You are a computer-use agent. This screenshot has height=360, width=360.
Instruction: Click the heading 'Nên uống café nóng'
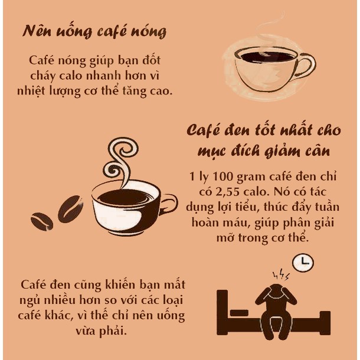pos(94,32)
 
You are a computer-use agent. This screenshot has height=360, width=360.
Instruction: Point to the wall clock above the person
pos(303,263)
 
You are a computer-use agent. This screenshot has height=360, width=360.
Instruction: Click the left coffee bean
pos(42,221)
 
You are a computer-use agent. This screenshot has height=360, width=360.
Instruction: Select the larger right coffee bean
pos(70,210)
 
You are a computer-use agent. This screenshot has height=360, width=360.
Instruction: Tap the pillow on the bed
pos(238,312)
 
